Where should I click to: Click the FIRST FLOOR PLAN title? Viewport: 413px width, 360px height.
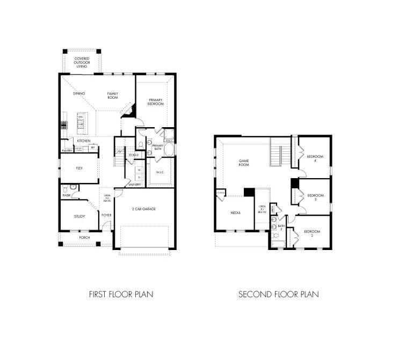[121, 294]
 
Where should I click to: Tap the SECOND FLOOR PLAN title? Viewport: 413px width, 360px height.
[279, 294]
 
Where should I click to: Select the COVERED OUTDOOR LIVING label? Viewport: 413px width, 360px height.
[82, 62]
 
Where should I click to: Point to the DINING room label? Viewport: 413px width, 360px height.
[79, 94]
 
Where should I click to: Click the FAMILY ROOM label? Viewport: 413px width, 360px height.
[112, 96]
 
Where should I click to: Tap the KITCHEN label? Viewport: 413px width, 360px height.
[76, 140]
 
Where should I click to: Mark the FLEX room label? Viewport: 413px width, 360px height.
[79, 168]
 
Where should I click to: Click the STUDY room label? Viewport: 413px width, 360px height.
[79, 217]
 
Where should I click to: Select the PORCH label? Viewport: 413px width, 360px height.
[84, 237]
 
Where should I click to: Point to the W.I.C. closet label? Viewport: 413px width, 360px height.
[160, 172]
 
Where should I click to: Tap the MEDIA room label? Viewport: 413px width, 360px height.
[235, 212]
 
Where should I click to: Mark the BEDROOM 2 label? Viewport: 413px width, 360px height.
[311, 233]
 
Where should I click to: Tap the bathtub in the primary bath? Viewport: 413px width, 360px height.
[170, 149]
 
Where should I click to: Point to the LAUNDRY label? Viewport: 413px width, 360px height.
[134, 185]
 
